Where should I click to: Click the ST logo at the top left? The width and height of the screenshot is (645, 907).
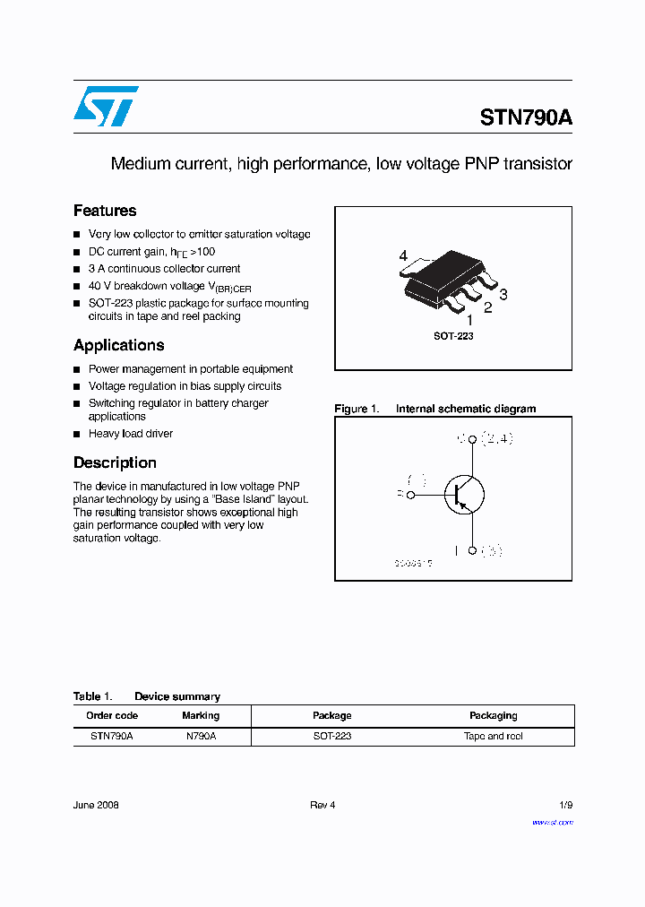pyautogui.click(x=106, y=106)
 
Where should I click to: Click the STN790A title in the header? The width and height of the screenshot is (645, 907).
pyautogui.click(x=526, y=118)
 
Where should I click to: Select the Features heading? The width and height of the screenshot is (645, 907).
pyautogui.click(x=105, y=211)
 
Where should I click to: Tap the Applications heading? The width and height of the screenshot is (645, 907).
pyautogui.click(x=118, y=345)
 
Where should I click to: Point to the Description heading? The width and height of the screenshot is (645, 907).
pyautogui.click(x=115, y=462)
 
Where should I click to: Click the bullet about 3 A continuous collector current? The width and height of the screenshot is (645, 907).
pyautogui.click(x=164, y=269)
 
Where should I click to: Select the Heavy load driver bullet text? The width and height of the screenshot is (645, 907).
pyautogui.click(x=131, y=434)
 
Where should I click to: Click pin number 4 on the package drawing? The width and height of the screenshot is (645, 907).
pyautogui.click(x=403, y=256)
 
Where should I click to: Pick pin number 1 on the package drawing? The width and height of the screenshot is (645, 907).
pyautogui.click(x=469, y=319)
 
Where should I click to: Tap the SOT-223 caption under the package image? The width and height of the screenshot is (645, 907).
pyautogui.click(x=453, y=336)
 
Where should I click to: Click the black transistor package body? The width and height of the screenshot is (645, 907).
pyautogui.click(x=443, y=273)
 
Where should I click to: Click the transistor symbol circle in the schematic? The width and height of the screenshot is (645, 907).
pyautogui.click(x=464, y=494)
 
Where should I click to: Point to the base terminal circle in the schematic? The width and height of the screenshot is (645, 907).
pyautogui.click(x=411, y=494)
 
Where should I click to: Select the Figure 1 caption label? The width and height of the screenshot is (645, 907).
pyautogui.click(x=357, y=409)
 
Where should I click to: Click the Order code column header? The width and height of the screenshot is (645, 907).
pyautogui.click(x=112, y=715)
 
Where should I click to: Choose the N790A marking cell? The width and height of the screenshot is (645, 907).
pyautogui.click(x=201, y=736)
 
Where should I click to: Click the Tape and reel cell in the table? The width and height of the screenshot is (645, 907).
pyautogui.click(x=493, y=736)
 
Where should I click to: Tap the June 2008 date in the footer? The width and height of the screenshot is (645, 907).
pyautogui.click(x=96, y=805)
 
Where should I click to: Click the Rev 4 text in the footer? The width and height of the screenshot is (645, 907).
pyautogui.click(x=322, y=805)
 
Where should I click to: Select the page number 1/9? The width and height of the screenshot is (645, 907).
pyautogui.click(x=564, y=805)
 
